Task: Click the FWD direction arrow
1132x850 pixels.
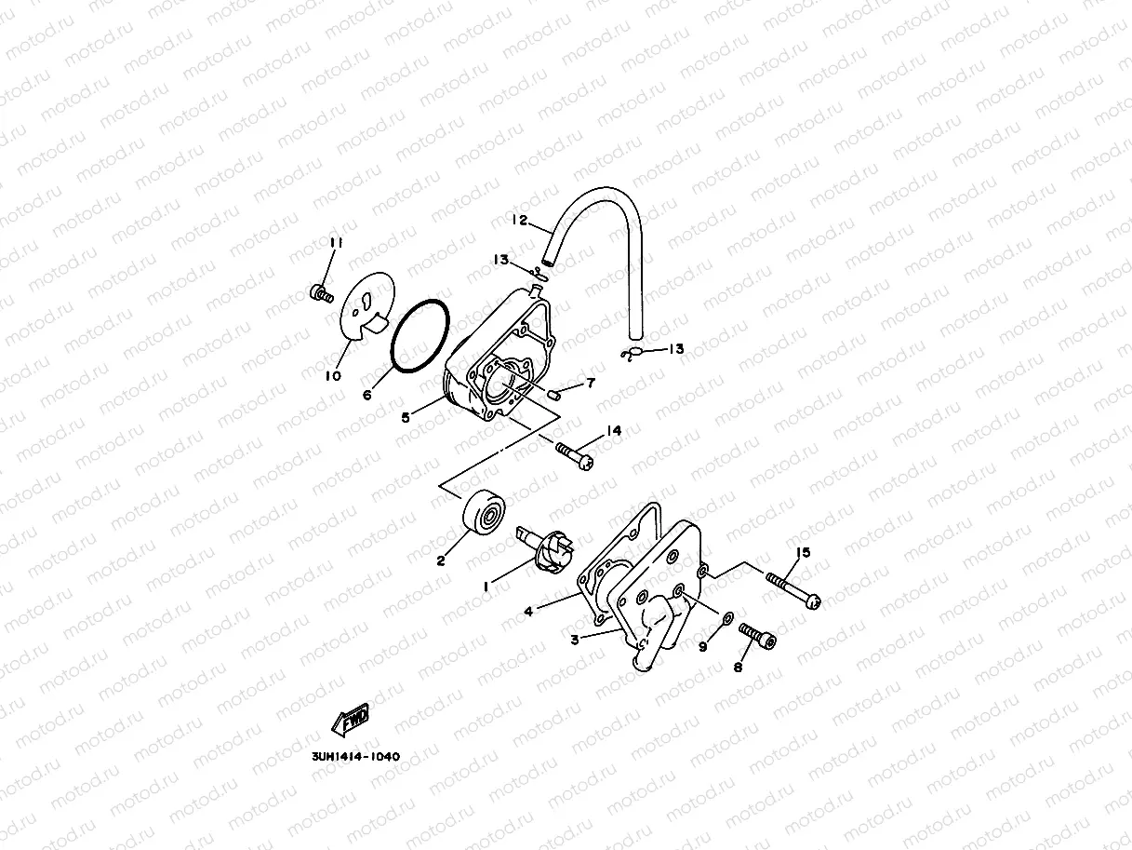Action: click(351, 719)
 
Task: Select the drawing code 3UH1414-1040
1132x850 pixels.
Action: click(356, 757)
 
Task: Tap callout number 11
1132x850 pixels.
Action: click(336, 242)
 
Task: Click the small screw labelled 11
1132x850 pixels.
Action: click(322, 294)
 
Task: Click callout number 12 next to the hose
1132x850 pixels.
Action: click(519, 220)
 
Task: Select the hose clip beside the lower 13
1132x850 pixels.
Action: click(632, 355)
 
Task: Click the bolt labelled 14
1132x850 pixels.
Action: click(575, 455)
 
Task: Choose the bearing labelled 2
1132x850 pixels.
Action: click(484, 512)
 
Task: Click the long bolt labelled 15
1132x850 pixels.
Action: click(793, 591)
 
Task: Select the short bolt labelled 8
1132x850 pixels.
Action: click(757, 636)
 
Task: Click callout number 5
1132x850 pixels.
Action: click(406, 417)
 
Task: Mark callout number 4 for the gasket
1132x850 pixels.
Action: click(528, 612)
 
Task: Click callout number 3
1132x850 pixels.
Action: click(575, 640)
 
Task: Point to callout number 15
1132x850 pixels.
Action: click(803, 553)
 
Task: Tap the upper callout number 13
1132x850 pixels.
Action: click(500, 259)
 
